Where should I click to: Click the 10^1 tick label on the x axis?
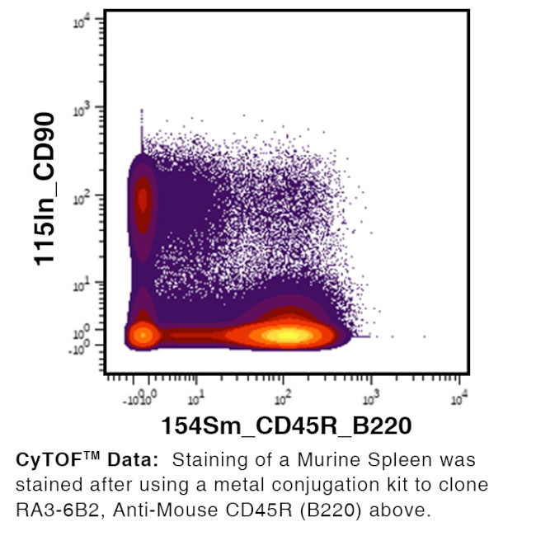(196, 401)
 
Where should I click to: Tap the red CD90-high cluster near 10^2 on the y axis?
(143, 198)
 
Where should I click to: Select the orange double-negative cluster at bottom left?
(143, 335)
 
